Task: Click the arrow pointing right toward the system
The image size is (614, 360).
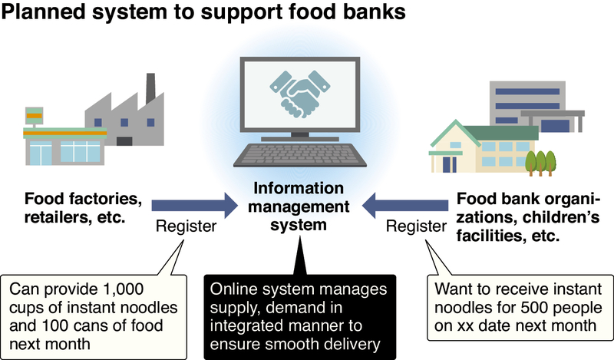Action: click(193, 206)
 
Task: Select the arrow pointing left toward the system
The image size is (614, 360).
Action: click(404, 206)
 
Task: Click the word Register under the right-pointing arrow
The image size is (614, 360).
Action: click(185, 227)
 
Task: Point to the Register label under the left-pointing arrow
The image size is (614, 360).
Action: click(415, 227)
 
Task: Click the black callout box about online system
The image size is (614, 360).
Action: click(299, 315)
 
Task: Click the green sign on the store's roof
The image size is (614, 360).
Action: click(36, 115)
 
